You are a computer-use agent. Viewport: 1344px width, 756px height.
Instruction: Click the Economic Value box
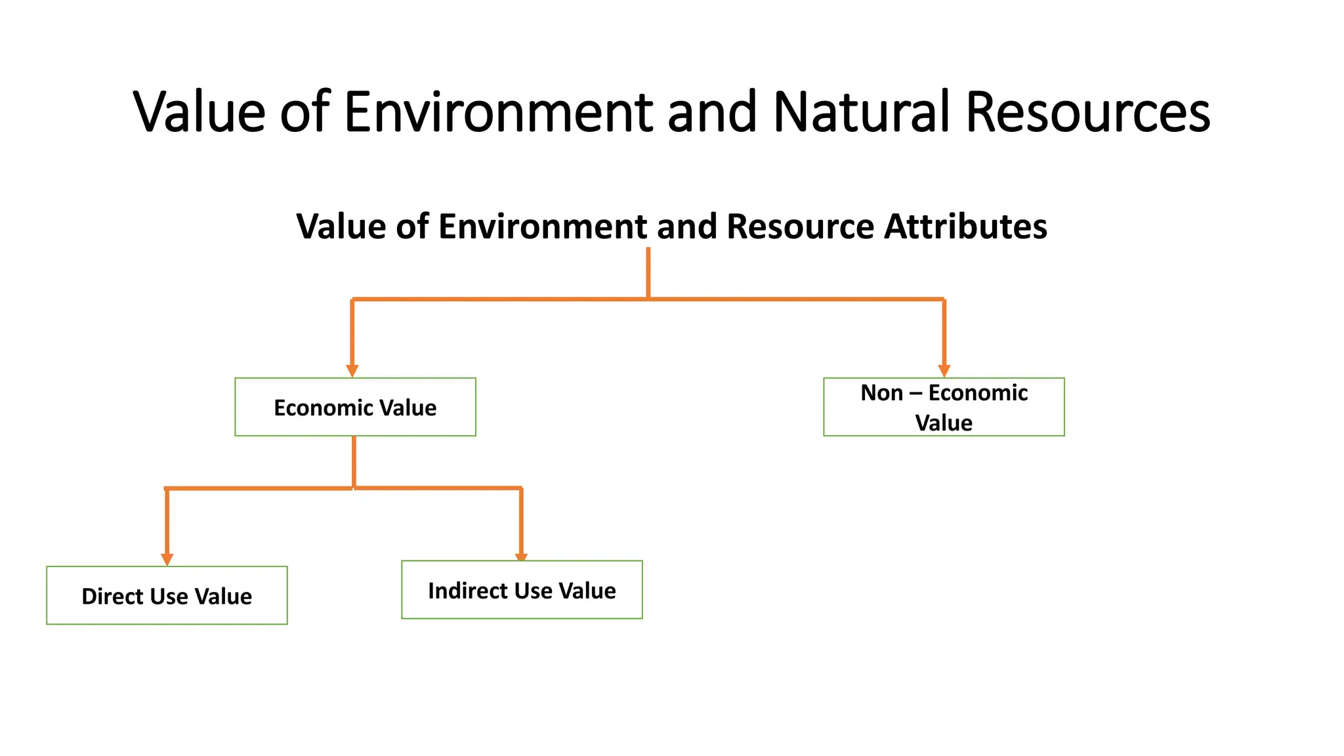click(355, 407)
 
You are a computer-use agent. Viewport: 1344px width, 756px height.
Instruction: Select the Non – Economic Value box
click(944, 407)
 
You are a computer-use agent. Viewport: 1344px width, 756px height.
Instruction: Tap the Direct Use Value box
click(167, 595)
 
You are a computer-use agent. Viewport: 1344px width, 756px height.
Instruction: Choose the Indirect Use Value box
click(522, 589)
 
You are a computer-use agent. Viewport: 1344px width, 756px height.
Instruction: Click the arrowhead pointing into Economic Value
click(352, 371)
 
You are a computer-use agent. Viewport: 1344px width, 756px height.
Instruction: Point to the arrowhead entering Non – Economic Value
click(944, 371)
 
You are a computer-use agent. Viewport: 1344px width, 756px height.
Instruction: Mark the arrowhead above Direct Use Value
click(167, 559)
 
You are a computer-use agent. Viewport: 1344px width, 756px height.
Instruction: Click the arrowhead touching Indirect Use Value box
click(521, 557)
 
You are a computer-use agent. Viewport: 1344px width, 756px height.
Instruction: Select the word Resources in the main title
click(1087, 112)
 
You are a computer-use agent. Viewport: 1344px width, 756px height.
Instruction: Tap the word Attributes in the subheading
click(965, 226)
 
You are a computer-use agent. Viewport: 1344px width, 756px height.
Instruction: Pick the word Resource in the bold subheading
click(800, 226)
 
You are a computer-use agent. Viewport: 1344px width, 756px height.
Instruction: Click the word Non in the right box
click(881, 392)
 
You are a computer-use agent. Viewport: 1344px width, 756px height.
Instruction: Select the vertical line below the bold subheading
click(648, 272)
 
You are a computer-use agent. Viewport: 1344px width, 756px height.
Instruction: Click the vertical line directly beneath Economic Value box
click(354, 461)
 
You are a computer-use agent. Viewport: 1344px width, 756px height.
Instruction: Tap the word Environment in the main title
click(499, 112)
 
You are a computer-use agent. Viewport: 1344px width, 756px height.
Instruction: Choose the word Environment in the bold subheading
click(543, 226)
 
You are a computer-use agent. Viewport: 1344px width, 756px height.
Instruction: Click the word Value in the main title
click(199, 112)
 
